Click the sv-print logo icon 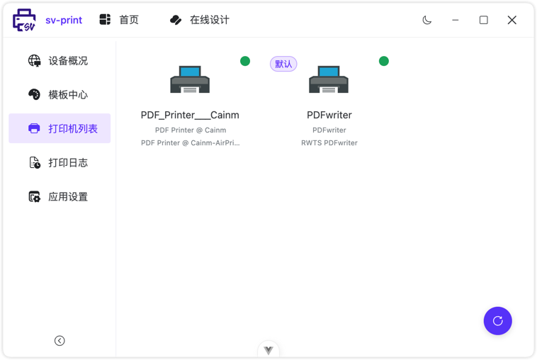pos(25,20)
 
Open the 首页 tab pos(119,20)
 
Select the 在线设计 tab pos(200,20)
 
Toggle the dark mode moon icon pos(427,20)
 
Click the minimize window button pos(456,20)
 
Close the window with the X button pos(511,20)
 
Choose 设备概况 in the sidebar pos(60,61)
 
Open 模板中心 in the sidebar pos(60,95)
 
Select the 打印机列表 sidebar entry pos(60,129)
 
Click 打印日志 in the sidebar pos(60,163)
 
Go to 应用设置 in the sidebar pos(60,197)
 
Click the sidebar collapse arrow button pos(60,341)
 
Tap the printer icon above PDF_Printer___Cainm pos(190,79)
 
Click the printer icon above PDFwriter pos(329,79)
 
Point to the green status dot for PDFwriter pos(384,61)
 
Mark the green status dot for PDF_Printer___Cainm pos(245,61)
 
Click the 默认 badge pos(283,64)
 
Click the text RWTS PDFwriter pos(329,143)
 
